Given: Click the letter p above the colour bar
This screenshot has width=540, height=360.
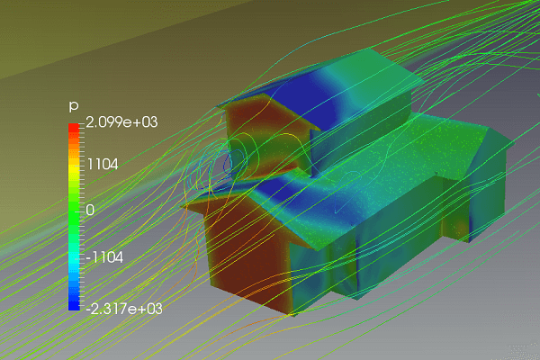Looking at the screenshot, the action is pos(74,106).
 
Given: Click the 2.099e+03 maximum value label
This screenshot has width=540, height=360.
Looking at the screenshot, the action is pos(121,122).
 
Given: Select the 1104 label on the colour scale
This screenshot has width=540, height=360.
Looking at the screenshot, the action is pos(103,165).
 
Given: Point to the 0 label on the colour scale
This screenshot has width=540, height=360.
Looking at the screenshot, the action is pos(90,210).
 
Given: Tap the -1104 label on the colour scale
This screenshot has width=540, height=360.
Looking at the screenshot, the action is pos(104,257).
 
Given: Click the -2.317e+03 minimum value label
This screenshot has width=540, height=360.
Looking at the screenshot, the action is pos(124,309).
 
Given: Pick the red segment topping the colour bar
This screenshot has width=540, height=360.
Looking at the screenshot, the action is pos(74,128).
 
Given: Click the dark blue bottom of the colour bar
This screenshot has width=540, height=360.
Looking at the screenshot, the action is pos(74,305).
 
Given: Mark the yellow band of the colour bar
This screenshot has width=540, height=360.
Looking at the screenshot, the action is pos(74,170).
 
